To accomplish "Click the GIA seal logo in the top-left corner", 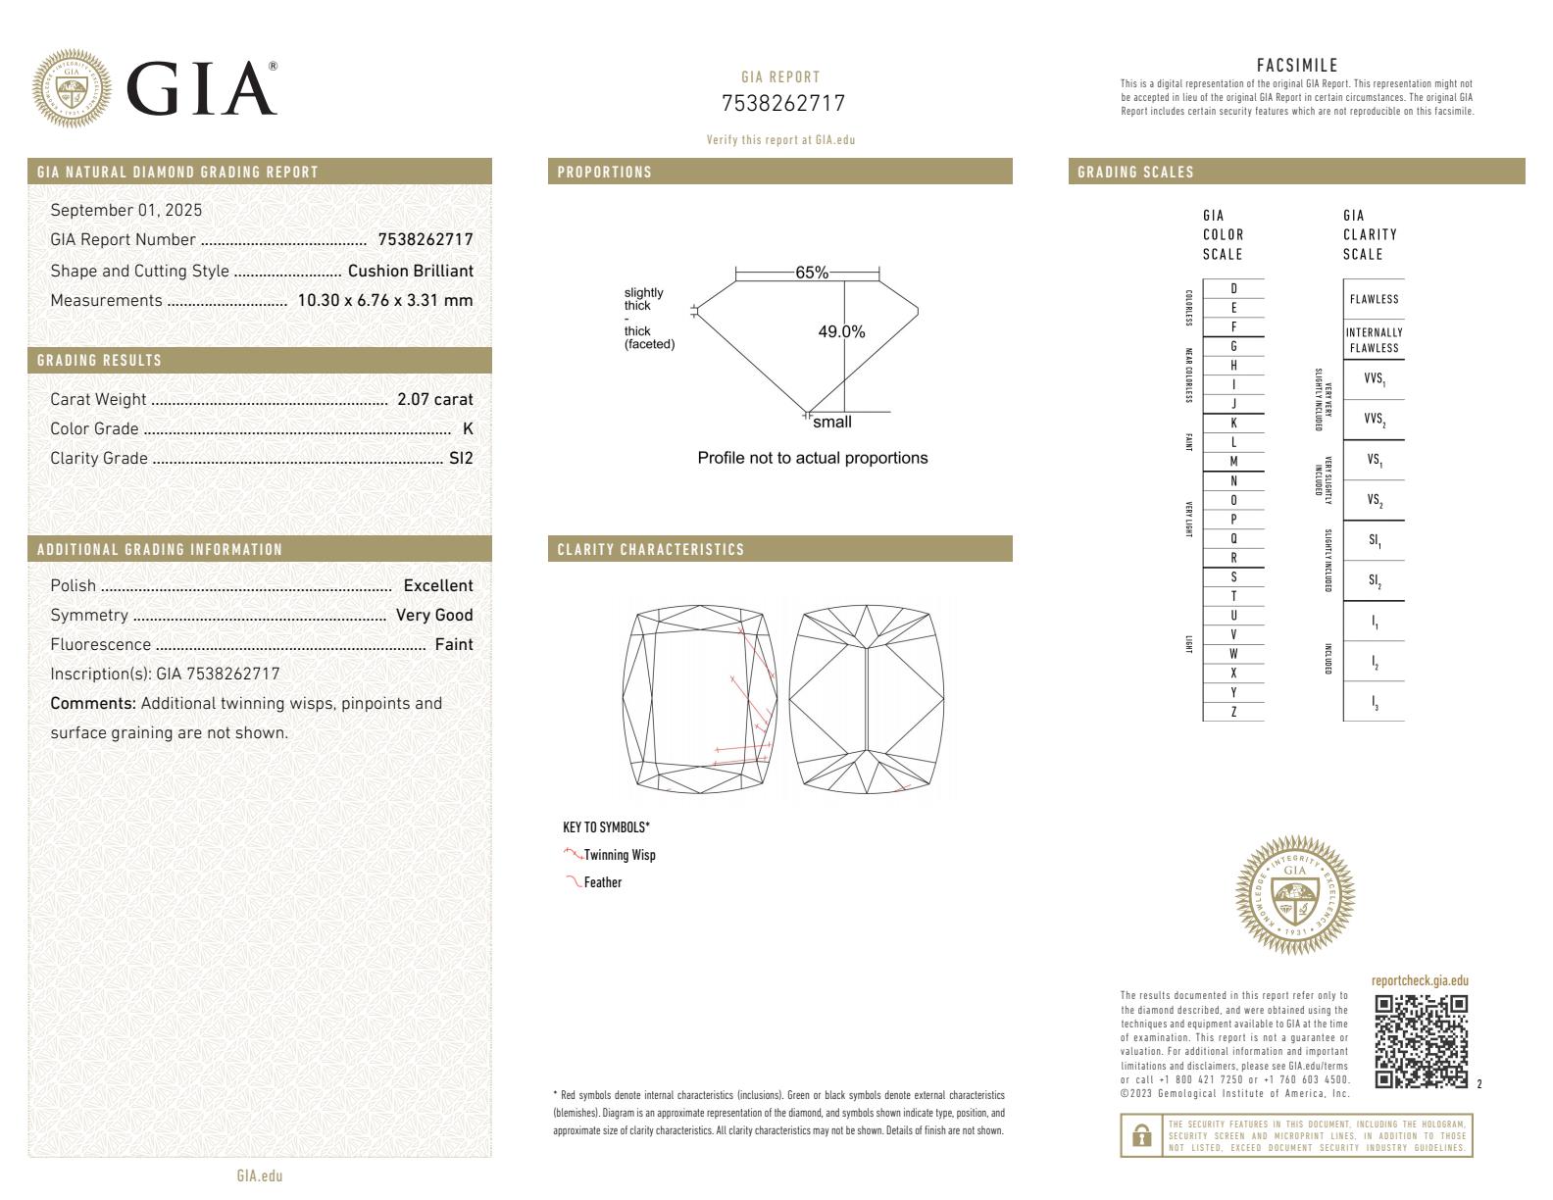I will click(x=72, y=89).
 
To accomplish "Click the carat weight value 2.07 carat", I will click(x=434, y=399).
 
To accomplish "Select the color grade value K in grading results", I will click(x=468, y=428).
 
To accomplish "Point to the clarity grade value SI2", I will click(x=461, y=458).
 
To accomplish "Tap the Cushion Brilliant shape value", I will click(x=410, y=271).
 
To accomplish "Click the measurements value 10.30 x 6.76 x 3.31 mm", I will click(x=385, y=300).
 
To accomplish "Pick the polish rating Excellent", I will click(x=438, y=585).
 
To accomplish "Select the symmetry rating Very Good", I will click(x=434, y=615).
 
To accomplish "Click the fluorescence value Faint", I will click(x=454, y=644).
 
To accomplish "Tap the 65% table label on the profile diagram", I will click(x=812, y=273).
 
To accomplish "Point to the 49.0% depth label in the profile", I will click(x=841, y=332).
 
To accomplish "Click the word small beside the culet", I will click(x=832, y=423).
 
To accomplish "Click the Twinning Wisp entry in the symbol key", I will click(x=619, y=855).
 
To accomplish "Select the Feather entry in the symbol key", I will click(x=602, y=882).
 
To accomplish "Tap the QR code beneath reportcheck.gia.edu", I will click(x=1421, y=1041).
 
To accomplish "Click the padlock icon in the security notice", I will click(x=1141, y=1135).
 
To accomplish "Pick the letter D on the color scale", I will click(x=1233, y=288).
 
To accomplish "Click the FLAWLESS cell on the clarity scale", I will click(x=1374, y=299).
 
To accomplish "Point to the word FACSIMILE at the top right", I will click(x=1296, y=66).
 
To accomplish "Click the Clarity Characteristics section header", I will click(x=651, y=549).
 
